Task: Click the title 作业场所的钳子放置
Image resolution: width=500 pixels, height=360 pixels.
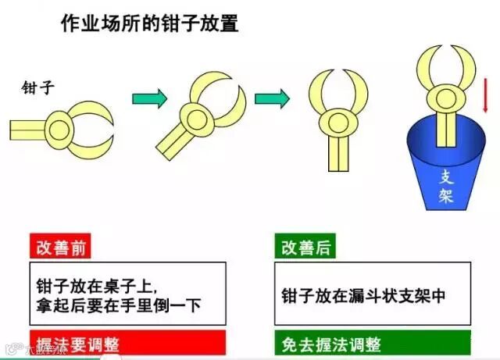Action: [150, 23]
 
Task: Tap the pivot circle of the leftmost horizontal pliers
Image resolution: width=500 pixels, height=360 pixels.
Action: [62, 124]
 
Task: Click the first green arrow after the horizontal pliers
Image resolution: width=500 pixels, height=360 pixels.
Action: [150, 98]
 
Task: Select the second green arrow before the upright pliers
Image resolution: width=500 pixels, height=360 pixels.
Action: [272, 98]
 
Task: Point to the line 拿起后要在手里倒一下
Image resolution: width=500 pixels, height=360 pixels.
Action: [119, 303]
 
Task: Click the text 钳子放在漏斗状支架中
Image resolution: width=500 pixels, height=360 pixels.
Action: [363, 294]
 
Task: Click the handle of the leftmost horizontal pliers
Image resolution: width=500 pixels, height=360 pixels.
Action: [28, 125]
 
